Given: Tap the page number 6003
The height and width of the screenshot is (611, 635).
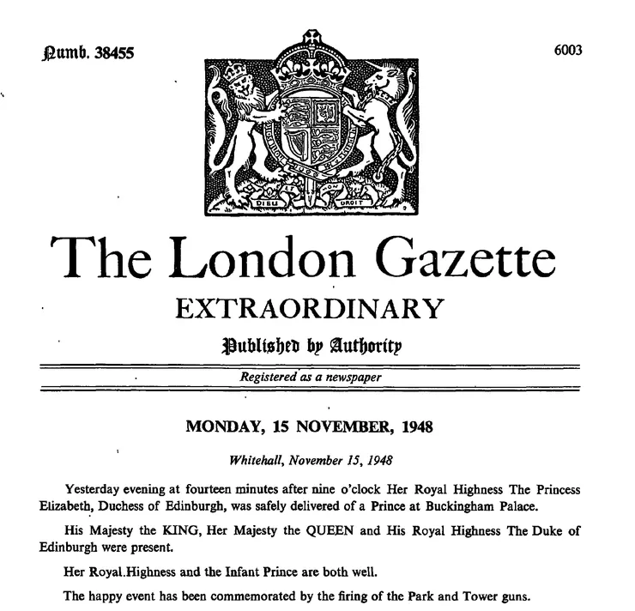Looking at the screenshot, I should click(x=568, y=49).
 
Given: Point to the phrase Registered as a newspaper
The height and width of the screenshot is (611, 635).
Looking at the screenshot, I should click(x=311, y=377).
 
